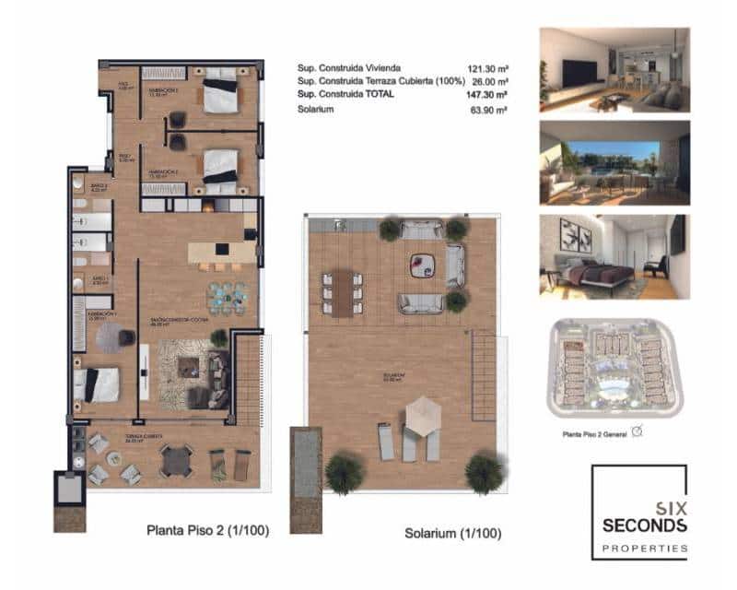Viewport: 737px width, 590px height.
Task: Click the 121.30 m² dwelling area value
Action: (487, 68)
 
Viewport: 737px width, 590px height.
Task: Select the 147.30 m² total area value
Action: (487, 95)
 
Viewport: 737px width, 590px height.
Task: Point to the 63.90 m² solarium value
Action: (489, 110)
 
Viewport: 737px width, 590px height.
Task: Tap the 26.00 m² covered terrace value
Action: (489, 81)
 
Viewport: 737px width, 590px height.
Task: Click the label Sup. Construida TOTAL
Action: (345, 95)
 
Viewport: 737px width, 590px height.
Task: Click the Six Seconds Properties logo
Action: (638, 513)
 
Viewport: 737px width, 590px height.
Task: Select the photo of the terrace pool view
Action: (614, 163)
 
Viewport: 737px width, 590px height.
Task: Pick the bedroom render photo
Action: (614, 257)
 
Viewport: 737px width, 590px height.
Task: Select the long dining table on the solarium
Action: (342, 293)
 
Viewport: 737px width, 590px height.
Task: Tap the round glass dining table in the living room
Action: (227, 297)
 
